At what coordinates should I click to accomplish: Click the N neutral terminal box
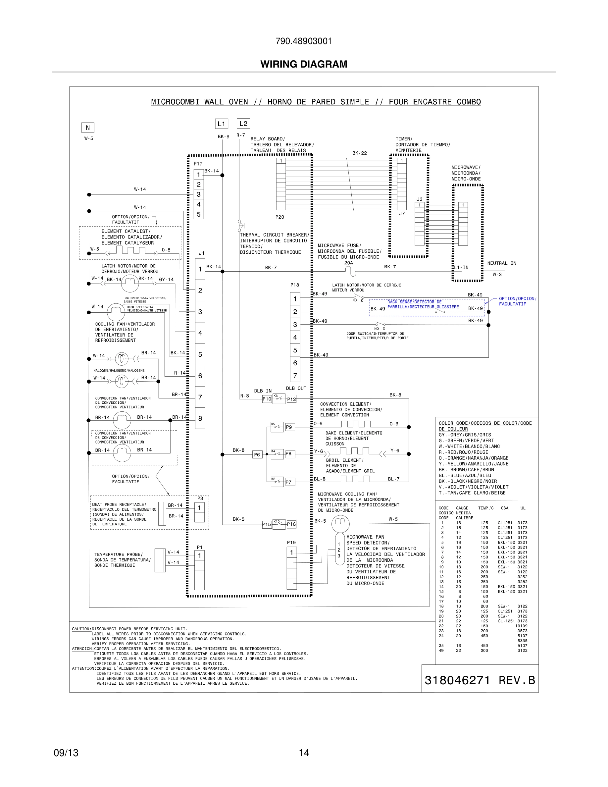point(87,128)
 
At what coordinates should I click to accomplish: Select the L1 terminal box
point(222,124)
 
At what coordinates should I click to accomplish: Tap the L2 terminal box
point(243,124)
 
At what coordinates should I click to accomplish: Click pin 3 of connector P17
point(198,194)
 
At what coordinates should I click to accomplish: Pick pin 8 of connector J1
point(200,418)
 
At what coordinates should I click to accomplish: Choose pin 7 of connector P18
point(295,376)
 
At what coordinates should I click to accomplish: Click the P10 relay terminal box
point(267,399)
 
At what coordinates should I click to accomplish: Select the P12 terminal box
point(291,399)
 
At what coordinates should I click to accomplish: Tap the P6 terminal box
point(257,454)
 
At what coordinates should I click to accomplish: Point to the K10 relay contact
point(279,524)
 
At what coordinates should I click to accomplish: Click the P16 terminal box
point(291,524)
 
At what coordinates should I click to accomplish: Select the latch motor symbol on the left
point(130,283)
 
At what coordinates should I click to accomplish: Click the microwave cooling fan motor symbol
point(340,524)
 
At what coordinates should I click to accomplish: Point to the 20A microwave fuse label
point(348,263)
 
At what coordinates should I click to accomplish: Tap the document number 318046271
point(457,680)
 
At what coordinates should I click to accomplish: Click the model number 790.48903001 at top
point(304,41)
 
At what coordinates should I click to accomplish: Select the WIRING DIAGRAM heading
point(304,64)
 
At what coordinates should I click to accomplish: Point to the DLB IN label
point(263,391)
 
